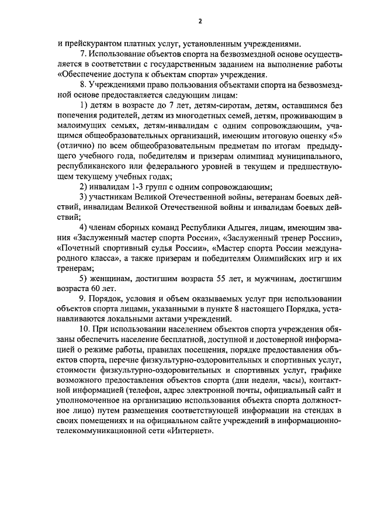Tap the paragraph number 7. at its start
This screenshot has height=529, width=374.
click(x=82, y=54)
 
